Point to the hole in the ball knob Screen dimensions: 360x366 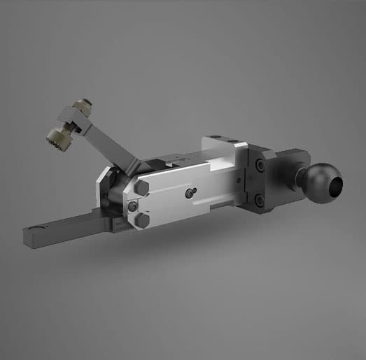pyautogui.click(x=336, y=186)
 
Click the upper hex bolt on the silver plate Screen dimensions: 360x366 pyautogui.click(x=142, y=188)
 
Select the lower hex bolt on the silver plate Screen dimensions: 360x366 pyautogui.click(x=142, y=221)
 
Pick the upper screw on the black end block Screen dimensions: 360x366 pyautogui.click(x=260, y=166)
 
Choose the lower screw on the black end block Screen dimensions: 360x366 pyautogui.click(x=260, y=201)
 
